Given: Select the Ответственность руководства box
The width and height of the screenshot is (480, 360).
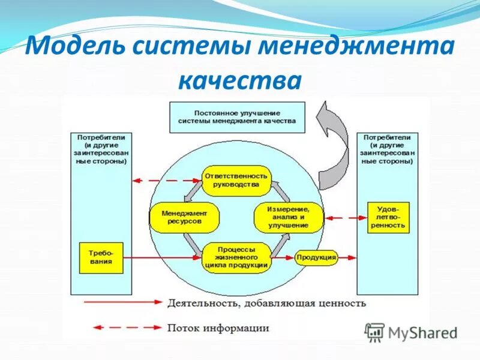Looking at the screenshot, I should coord(236,181).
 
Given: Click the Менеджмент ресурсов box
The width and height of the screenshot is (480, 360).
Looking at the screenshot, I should coord(184,217).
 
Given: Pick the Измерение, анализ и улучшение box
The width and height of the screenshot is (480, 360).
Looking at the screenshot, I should coord(289,217).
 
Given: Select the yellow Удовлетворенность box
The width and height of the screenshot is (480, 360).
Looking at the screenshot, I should coord(388,217).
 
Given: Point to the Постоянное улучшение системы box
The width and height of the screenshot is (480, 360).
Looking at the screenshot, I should coord(237,117).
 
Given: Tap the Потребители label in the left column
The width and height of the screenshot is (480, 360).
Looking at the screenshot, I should coord(101,137).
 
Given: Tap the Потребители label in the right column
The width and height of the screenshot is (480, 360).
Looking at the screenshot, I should coord(388,137).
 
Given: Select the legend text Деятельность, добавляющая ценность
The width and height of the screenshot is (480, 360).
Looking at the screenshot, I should coord(267,303).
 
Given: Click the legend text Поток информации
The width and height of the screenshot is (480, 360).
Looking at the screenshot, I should coord(218,328).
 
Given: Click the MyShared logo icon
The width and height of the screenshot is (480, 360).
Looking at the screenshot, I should coord(375,331).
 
